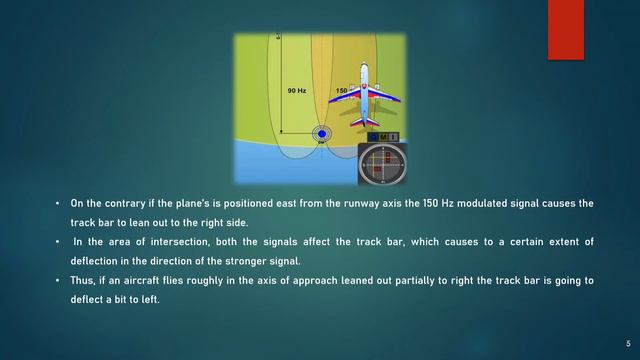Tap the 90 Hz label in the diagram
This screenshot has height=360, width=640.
click(x=296, y=91)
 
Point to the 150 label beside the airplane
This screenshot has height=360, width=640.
click(x=342, y=91)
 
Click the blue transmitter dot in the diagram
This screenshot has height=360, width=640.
click(x=322, y=132)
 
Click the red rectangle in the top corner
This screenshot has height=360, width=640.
click(x=565, y=29)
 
